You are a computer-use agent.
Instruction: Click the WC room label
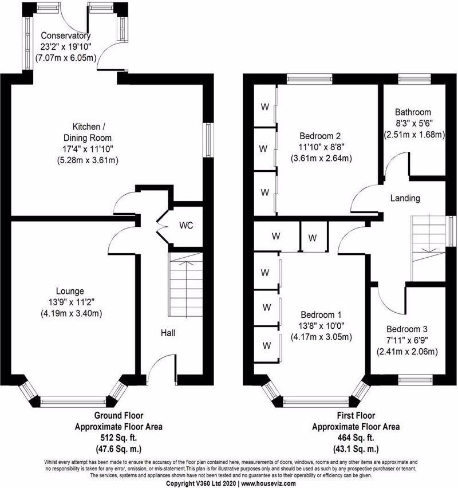coord(186,225)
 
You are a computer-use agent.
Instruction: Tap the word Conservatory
coord(66,36)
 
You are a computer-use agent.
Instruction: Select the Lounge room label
coord(70,291)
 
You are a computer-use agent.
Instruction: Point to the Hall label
coord(168,333)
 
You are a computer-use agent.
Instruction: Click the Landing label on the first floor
coord(405,198)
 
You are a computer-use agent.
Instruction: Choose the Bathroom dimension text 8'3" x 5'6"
coord(413,123)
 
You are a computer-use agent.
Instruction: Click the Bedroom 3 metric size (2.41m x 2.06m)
coord(407,352)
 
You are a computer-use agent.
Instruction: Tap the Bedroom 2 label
coord(320,136)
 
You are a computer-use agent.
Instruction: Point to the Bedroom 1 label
coord(321,314)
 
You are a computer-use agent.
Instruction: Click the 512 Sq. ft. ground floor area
coord(119,438)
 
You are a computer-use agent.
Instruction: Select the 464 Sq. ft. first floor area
coord(356,438)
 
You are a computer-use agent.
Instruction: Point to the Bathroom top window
coord(414,78)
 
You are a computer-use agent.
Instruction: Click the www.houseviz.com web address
coord(269,483)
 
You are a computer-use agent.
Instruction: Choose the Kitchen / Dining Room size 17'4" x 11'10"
coord(88,149)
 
